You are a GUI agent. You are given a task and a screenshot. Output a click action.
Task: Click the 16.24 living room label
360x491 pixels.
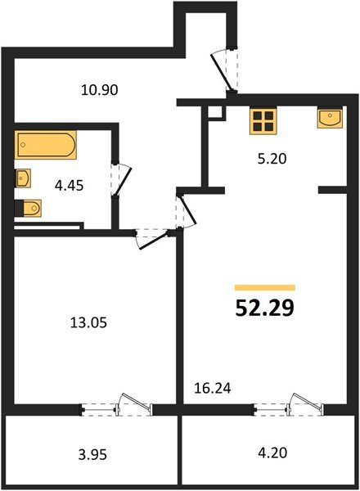[x=212, y=390]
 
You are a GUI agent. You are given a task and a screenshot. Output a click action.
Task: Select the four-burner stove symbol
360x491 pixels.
[x=263, y=121]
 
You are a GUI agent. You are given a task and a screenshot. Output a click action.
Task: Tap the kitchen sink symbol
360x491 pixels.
[x=330, y=119]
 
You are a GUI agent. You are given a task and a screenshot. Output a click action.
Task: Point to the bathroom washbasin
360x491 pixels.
[x=23, y=177]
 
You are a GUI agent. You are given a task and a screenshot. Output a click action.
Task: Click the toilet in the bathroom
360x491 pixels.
[x=28, y=208]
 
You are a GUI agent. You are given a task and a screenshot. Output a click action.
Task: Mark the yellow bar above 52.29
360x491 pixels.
[x=265, y=288]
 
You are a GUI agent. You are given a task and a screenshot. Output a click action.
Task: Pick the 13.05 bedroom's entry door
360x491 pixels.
[x=151, y=236]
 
